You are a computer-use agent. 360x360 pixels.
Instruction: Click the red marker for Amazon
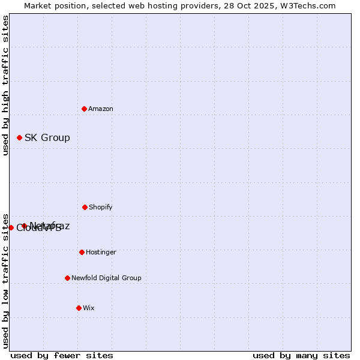pyautogui.click(x=85, y=109)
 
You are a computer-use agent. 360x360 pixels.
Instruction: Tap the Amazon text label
pyautogui.click(x=101, y=109)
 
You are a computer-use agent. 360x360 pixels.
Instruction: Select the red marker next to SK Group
pyautogui.click(x=20, y=137)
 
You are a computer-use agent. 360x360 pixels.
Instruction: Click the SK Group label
pyautogui.click(x=47, y=137)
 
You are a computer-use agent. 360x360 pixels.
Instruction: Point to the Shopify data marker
pyautogui.click(x=85, y=207)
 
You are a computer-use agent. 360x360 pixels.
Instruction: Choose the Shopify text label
pyautogui.click(x=101, y=207)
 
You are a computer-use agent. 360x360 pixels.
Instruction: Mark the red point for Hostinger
pyautogui.click(x=82, y=252)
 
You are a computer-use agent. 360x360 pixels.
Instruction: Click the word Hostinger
pyautogui.click(x=101, y=252)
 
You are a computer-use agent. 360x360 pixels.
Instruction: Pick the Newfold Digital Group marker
pyautogui.click(x=67, y=278)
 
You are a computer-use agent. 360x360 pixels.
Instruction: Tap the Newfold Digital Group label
pyautogui.click(x=106, y=278)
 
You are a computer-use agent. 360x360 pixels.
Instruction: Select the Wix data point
pyautogui.click(x=79, y=308)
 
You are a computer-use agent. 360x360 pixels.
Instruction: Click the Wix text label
pyautogui.click(x=89, y=308)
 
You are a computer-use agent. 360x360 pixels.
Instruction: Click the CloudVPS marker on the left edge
pyautogui.click(x=11, y=227)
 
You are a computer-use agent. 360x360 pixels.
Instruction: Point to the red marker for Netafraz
pyautogui.click(x=25, y=226)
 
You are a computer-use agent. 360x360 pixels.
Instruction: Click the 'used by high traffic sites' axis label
pyautogui.click(x=5, y=85)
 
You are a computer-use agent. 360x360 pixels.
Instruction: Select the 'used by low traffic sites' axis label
pyautogui.click(x=5, y=280)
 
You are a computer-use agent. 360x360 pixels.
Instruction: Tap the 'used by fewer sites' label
pyautogui.click(x=62, y=355)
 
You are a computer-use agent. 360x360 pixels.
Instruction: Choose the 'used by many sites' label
pyautogui.click(x=301, y=355)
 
